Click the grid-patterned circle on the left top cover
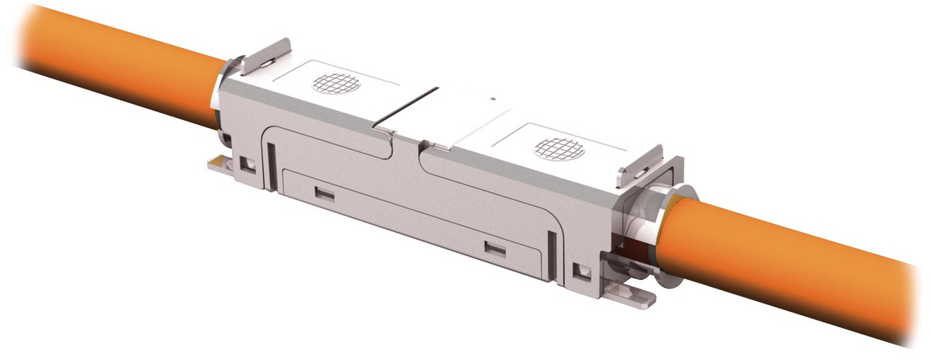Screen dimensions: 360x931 (336, 83)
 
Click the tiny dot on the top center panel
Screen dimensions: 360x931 (493, 99)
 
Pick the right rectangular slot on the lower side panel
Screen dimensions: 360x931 (494, 248)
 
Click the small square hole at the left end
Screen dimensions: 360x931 (247, 164)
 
